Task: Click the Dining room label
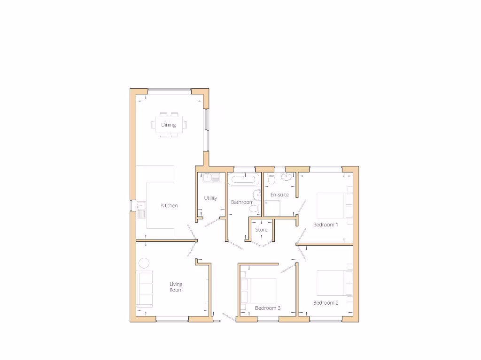pos(168,125)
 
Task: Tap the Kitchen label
pos(169,206)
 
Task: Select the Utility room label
pos(210,198)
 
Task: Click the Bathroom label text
pos(242,202)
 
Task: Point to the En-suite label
pos(279,195)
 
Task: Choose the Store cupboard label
pos(261,230)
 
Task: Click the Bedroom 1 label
pos(326,225)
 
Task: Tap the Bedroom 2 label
pos(326,303)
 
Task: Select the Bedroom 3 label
pos(268,308)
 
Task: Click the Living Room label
pos(176,287)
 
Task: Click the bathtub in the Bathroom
pos(243,179)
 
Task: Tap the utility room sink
pos(211,178)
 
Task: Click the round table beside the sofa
pos(144,262)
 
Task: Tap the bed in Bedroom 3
pos(258,291)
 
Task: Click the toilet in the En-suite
pos(271,179)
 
